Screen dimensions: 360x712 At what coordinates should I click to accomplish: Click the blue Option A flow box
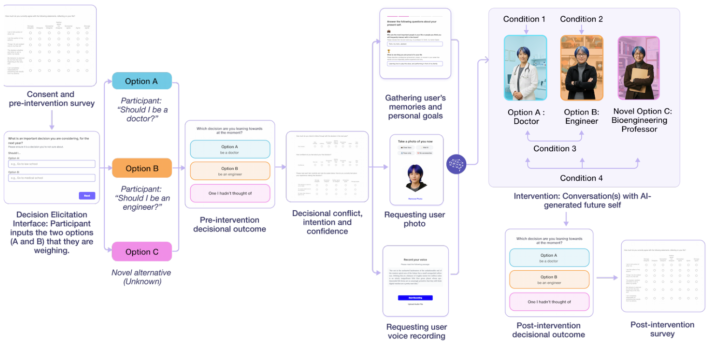(x=142, y=81)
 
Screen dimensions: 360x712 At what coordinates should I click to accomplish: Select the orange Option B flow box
(x=142, y=168)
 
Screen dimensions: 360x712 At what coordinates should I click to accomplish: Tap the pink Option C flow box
(x=142, y=252)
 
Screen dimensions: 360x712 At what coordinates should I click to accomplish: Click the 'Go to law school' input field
(x=51, y=164)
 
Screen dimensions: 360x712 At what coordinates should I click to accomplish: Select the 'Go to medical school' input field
(x=51, y=178)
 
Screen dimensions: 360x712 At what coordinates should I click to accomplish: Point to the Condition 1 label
(x=524, y=19)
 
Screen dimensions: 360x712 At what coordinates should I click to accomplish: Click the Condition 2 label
(x=581, y=19)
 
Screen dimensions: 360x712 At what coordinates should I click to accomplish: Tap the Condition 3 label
(x=555, y=148)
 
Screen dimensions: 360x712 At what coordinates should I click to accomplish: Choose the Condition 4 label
(x=582, y=178)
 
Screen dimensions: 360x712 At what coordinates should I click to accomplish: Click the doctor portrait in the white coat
(x=525, y=68)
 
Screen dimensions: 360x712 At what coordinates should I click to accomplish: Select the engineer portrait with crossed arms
(x=581, y=68)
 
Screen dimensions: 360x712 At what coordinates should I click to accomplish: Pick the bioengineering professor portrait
(x=638, y=68)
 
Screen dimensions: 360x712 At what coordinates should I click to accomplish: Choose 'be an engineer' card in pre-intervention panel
(x=230, y=171)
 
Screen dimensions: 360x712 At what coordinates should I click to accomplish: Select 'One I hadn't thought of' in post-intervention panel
(x=549, y=302)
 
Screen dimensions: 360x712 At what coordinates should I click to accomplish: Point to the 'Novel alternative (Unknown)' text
(x=141, y=277)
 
